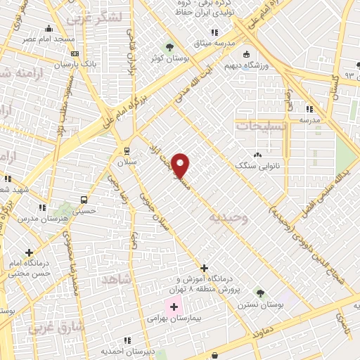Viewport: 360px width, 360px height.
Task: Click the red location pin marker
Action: point(181,165)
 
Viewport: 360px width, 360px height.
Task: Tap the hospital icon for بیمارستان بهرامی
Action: point(173,307)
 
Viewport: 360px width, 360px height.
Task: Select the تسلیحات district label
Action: point(261,126)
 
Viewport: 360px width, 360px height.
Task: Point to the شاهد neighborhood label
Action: point(117,279)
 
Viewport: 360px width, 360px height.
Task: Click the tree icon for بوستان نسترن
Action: point(261,292)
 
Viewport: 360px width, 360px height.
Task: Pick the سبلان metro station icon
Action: point(126,150)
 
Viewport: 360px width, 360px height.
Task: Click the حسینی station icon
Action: point(84,199)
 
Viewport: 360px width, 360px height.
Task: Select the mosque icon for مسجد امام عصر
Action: point(49,29)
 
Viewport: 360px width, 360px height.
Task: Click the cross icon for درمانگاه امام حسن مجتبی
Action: point(29,252)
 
